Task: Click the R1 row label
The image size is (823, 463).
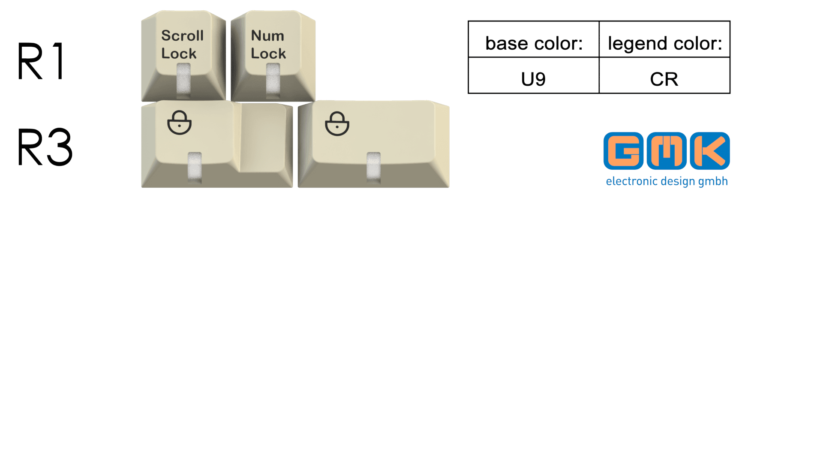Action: click(42, 61)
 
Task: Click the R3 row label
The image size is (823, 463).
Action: click(45, 147)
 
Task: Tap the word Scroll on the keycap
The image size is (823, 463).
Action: click(182, 36)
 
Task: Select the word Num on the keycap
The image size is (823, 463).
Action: click(267, 36)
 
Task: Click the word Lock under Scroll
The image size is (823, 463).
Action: click(179, 54)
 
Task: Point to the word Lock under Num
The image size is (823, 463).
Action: click(268, 54)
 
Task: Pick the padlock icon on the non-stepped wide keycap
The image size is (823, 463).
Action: click(337, 124)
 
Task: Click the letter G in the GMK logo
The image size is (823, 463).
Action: click(624, 151)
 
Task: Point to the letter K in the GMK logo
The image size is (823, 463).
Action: click(710, 151)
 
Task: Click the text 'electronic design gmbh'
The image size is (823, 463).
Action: click(667, 181)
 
